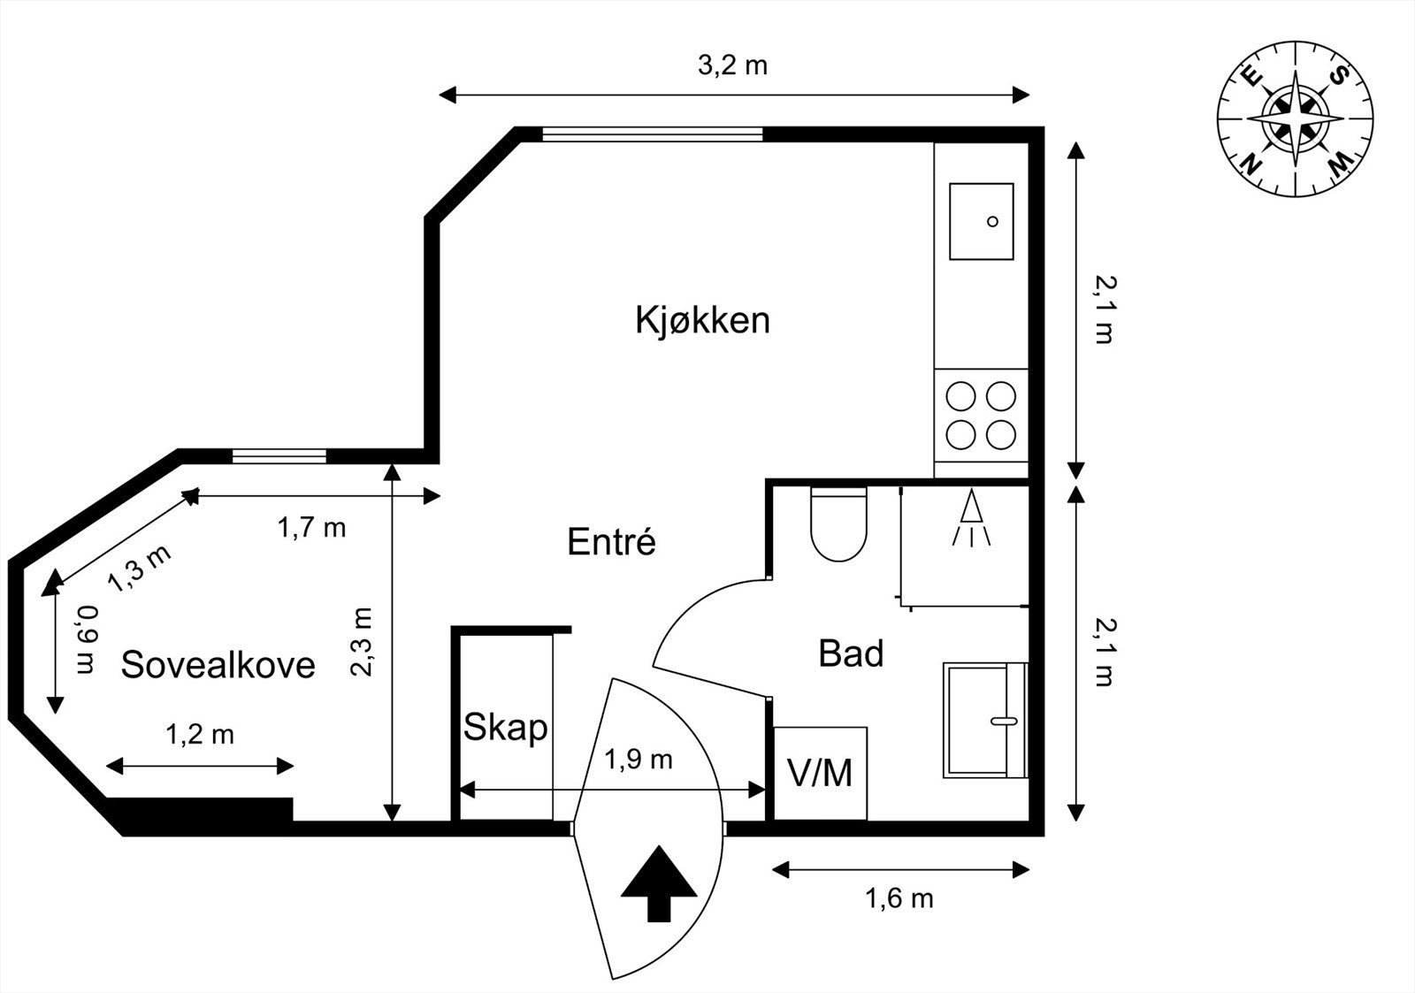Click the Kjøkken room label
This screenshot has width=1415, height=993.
702,320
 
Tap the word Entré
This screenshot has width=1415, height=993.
611,541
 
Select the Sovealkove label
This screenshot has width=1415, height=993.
218,664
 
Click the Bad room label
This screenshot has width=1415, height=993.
851,653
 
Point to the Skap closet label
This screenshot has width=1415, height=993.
505,729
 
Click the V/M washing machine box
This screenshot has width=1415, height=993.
820,773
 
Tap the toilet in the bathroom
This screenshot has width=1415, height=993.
838,524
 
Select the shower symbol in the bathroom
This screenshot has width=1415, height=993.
971,519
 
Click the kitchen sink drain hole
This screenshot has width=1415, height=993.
992,221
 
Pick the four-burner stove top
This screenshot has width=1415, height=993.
981,415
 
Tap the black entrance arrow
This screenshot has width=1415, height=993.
659,883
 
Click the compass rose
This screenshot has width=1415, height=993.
1296,118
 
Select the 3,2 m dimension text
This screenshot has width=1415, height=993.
732,65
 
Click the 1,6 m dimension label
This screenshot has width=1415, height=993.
899,899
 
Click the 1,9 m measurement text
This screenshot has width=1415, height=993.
639,759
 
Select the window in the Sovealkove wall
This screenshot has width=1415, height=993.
279,456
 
